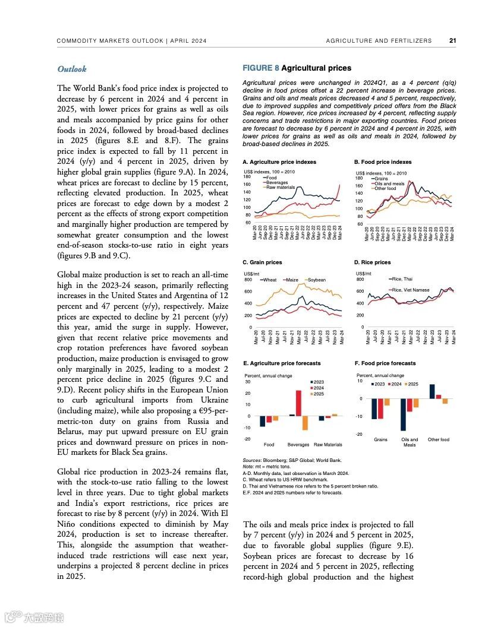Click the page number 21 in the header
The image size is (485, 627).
coord(452,41)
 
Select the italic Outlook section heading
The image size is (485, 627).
coord(72,69)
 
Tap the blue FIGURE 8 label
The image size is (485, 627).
coord(260,68)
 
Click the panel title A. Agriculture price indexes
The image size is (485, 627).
coord(279,162)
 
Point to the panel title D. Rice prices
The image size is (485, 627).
coord(372,262)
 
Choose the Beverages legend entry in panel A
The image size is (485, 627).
coord(277,182)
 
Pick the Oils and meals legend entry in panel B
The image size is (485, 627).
coord(389,183)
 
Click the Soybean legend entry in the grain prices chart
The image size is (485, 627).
coord(316,280)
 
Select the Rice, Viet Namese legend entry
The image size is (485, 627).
coord(410,290)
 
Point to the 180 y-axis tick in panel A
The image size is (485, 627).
coord(247,177)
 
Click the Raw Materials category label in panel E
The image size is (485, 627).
coord(327,445)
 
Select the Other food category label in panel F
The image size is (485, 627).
coord(439,440)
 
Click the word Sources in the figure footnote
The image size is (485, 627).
coord(253,460)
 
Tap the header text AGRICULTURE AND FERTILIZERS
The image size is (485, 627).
coord(379,41)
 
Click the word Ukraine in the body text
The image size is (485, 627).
coord(211,400)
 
